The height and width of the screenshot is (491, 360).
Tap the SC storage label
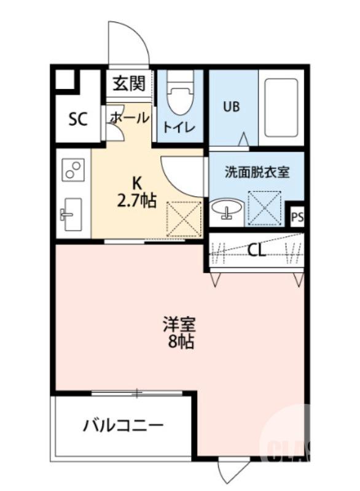78,118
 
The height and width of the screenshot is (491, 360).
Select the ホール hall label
129,117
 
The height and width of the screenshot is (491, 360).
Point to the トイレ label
178,128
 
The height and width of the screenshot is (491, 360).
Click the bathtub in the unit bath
281,107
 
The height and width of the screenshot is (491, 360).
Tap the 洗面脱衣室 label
256,172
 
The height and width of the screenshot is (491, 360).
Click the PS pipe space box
297,217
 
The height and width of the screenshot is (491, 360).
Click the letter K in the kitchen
138,183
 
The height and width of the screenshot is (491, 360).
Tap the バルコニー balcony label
123,425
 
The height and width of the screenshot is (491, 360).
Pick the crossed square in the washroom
265,209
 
